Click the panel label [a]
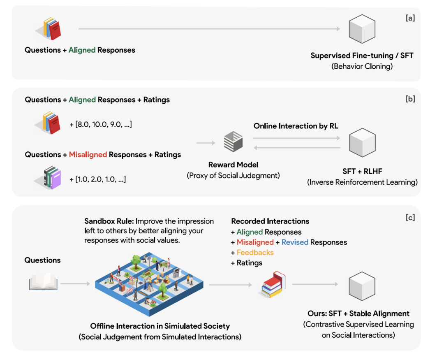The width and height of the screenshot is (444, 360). pos(410,18)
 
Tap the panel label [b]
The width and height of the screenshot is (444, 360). pos(410,100)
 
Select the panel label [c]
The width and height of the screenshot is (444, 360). pos(410,218)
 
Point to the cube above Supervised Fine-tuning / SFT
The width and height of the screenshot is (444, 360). pos(362,28)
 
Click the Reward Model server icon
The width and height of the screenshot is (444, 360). pos(233,142)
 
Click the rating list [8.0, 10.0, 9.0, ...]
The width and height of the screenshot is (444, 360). pos(101,124)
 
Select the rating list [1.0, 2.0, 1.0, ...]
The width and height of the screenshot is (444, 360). pos(98,179)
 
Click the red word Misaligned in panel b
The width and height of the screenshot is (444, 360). pos(88,155)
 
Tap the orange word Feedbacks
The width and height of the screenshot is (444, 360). pos(255,253)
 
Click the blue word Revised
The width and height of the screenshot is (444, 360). pos(295,242)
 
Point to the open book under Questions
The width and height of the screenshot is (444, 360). pos(43,283)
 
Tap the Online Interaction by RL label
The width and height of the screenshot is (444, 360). pos(296,126)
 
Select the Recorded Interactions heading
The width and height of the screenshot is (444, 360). pos(270,221)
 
